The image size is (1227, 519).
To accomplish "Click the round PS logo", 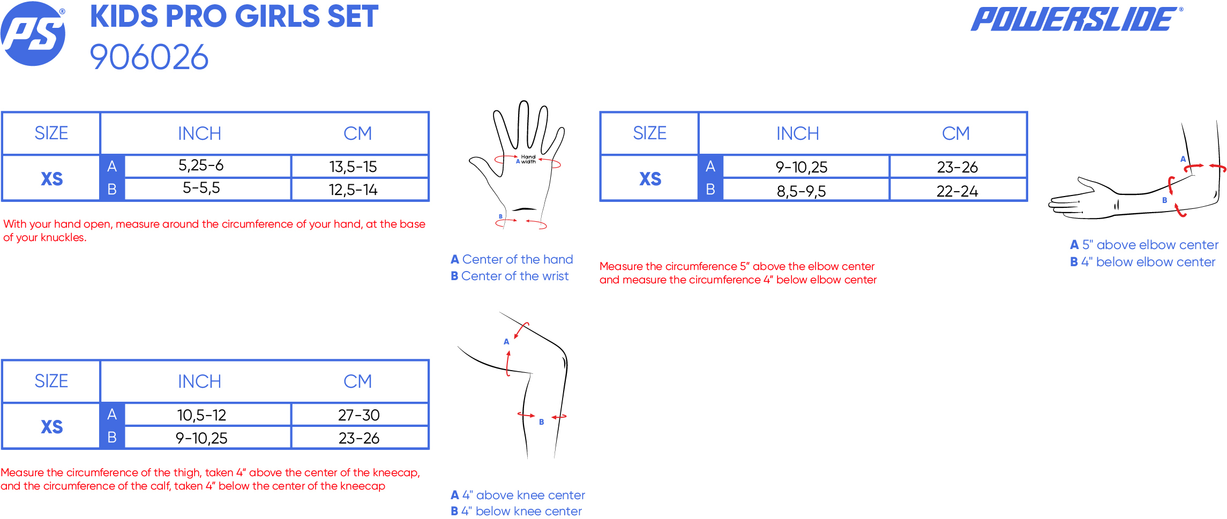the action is (x=33, y=34).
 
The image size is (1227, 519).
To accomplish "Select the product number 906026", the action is (x=149, y=57).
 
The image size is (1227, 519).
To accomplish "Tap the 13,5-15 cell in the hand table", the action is (x=353, y=167).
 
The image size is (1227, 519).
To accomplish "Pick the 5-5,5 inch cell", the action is (x=201, y=188).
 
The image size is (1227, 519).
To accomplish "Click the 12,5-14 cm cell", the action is (x=353, y=190).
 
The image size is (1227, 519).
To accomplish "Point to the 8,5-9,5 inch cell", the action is (x=802, y=191).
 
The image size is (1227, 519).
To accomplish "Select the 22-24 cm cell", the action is (x=957, y=191).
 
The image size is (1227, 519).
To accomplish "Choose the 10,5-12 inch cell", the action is (x=201, y=415).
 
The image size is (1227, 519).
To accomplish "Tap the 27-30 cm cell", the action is (x=359, y=415).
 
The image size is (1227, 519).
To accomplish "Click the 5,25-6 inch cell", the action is (x=201, y=166).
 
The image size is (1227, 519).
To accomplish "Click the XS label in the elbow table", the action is (x=650, y=179).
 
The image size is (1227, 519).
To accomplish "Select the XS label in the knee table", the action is (x=52, y=427).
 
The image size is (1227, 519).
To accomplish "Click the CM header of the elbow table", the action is (x=956, y=133).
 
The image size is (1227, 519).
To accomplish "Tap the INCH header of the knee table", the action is (x=199, y=381).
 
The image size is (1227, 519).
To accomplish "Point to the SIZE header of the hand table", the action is (x=51, y=133).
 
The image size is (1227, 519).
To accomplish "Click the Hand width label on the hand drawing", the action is (x=528, y=159).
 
